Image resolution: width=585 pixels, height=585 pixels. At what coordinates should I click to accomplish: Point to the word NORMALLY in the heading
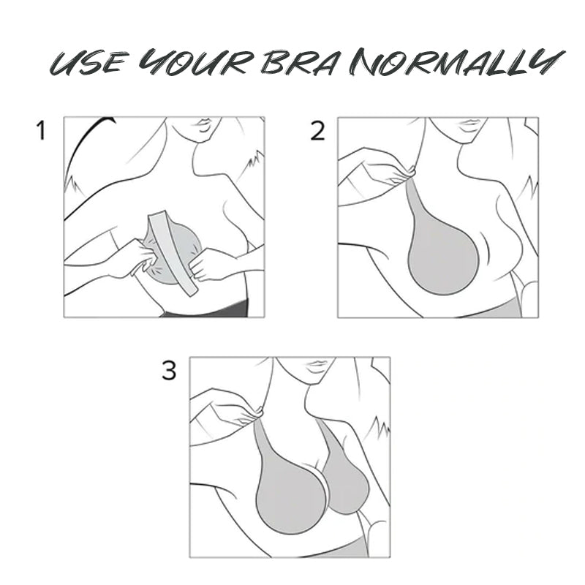[x=456, y=62]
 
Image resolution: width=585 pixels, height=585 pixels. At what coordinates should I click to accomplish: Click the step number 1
[x=41, y=132]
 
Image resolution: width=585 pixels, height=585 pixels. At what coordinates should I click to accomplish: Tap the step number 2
[x=317, y=132]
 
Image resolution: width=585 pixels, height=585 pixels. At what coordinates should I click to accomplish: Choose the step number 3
[x=169, y=371]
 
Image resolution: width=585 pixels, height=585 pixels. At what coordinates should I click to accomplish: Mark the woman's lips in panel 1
[x=204, y=124]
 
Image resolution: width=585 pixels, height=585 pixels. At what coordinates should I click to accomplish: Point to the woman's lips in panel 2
[x=469, y=124]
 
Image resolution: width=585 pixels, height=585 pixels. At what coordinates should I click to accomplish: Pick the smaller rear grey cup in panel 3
[x=347, y=481]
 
